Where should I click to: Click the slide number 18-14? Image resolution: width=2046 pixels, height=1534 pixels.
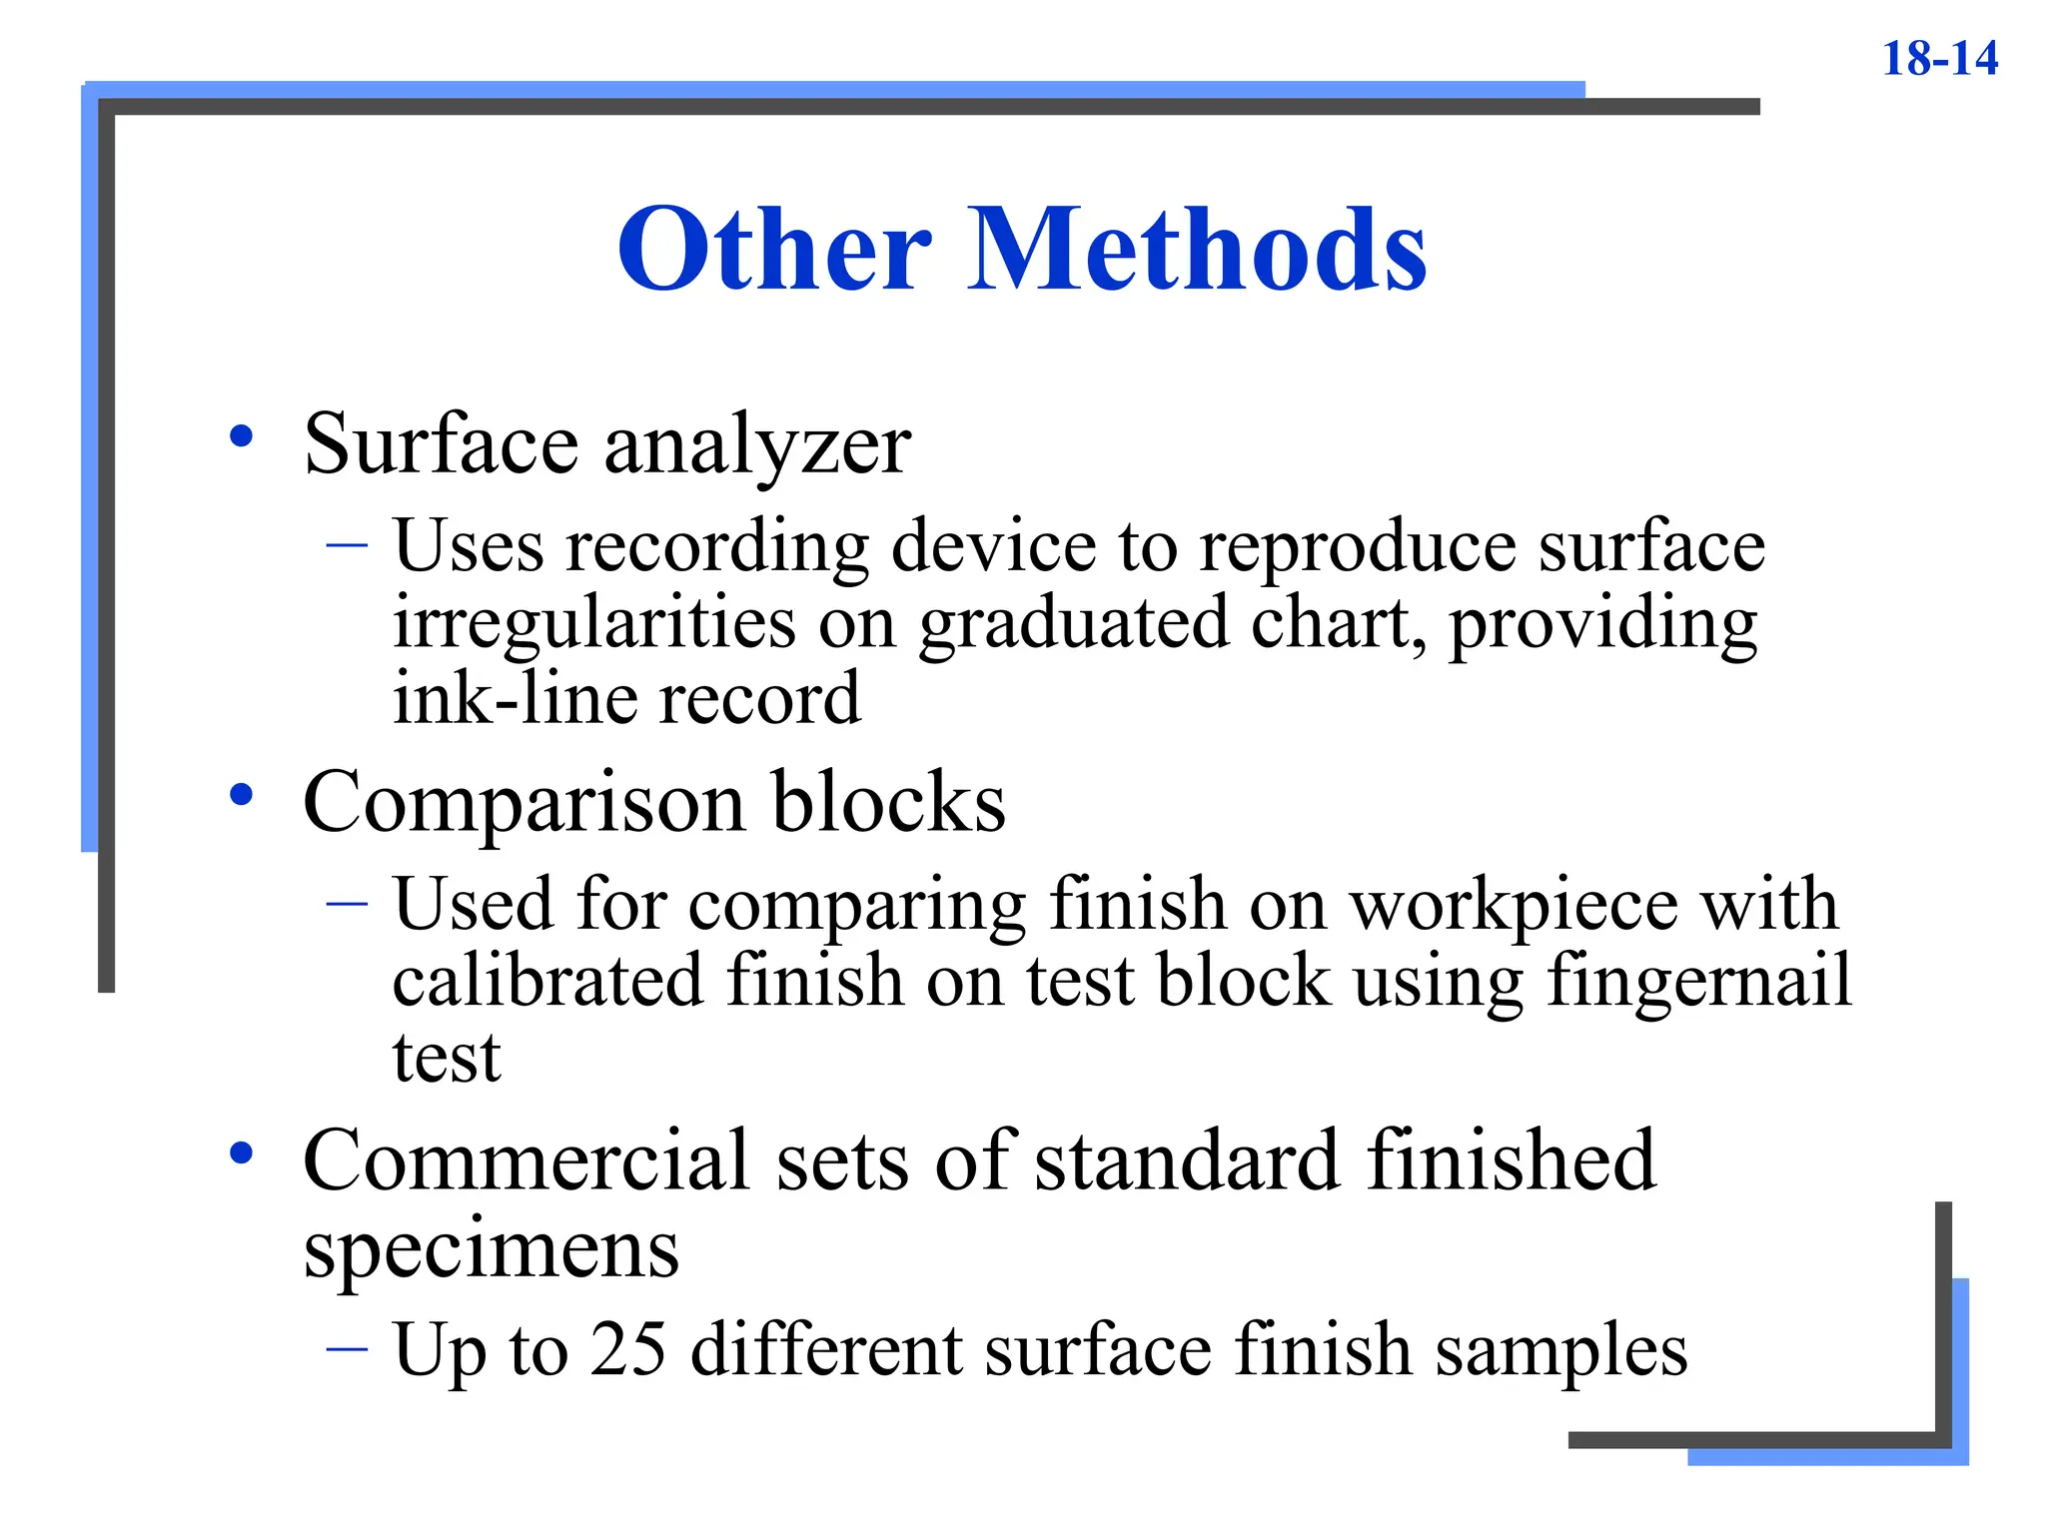click(1939, 58)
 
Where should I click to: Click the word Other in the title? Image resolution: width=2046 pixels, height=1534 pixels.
click(775, 249)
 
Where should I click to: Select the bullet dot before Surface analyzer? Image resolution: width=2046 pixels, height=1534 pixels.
click(241, 436)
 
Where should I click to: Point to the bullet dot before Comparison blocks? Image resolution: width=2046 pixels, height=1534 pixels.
click(241, 795)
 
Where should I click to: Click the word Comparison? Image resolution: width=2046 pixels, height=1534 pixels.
click(524, 803)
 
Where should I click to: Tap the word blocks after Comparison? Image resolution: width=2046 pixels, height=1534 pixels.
click(889, 803)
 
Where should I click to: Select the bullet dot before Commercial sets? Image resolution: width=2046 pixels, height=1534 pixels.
click(241, 1153)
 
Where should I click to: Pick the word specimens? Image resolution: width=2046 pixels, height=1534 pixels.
click(491, 1249)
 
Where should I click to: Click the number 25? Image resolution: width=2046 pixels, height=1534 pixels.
click(627, 1349)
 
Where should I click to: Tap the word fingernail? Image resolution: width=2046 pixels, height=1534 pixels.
click(1698, 981)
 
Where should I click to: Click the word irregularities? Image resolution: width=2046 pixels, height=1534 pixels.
click(594, 623)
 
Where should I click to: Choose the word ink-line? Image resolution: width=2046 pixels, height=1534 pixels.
click(515, 698)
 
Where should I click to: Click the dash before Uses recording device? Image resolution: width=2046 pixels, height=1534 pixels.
click(347, 545)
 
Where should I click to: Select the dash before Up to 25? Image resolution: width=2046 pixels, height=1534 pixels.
click(347, 1348)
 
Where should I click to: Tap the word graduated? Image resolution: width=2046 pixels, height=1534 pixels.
click(1074, 623)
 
